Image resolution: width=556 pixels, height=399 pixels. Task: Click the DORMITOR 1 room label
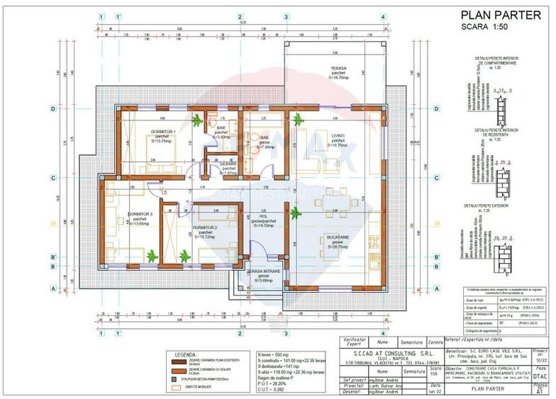pos(164,132)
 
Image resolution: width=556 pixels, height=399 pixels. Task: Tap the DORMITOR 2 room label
pos(205,228)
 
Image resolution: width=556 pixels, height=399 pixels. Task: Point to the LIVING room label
pos(338,135)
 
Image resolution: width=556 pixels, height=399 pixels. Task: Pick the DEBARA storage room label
pos(228,164)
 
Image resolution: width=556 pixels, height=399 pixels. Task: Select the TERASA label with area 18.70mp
pos(338,69)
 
